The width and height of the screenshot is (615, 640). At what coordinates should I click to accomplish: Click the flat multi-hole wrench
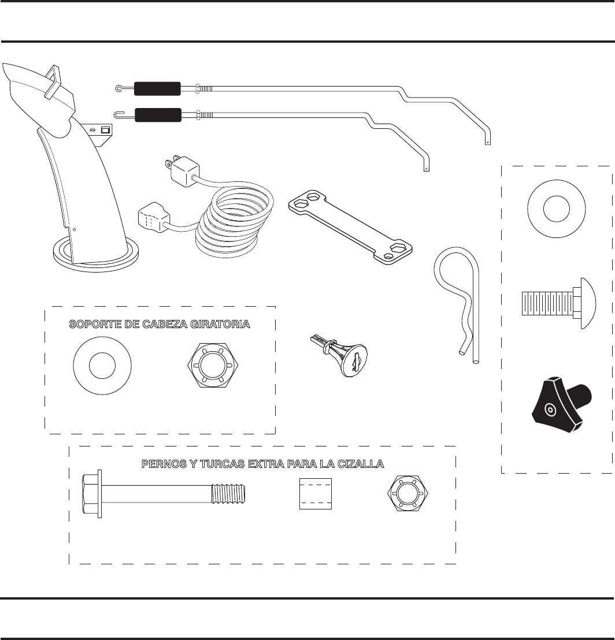click(353, 228)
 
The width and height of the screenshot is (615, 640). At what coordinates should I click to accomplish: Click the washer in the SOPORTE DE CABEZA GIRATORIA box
click(103, 366)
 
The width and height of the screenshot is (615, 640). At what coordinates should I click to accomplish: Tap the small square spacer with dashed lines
click(316, 494)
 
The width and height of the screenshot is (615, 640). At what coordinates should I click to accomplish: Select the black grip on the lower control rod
click(158, 115)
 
